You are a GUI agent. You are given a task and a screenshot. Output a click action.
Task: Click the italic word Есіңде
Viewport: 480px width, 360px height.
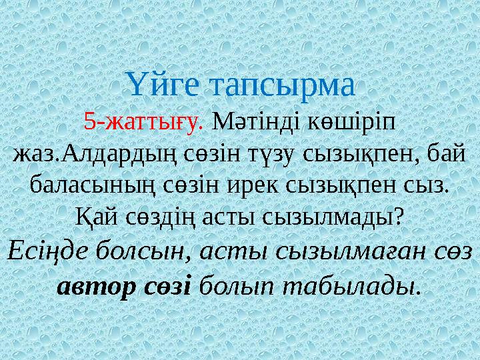(x=47, y=251)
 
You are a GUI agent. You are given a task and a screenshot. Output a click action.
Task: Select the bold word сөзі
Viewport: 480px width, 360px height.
(x=169, y=285)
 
